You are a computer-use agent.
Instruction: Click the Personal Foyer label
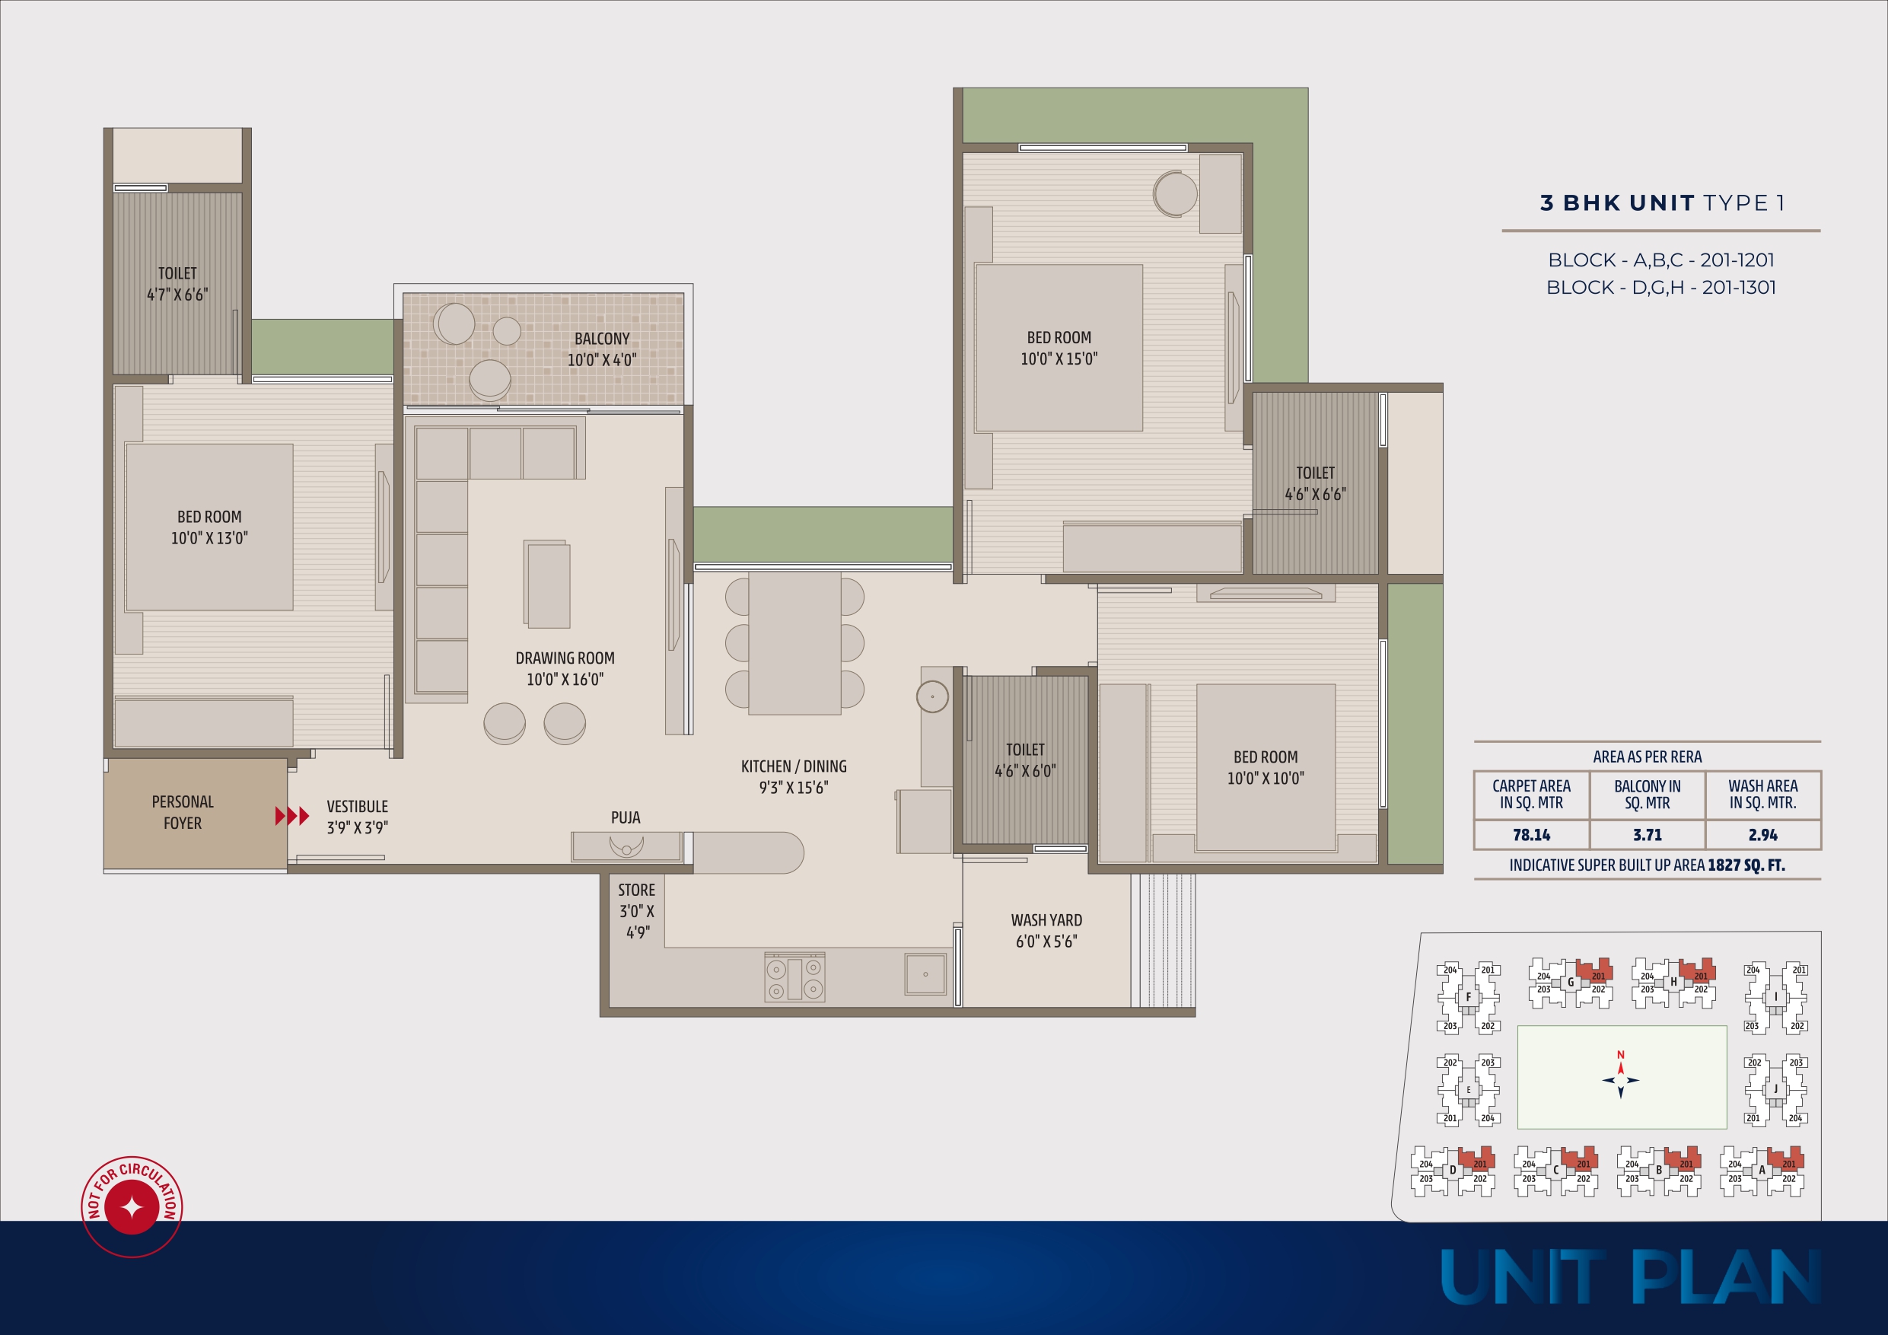(x=183, y=812)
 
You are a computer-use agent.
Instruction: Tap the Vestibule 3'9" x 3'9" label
(x=357, y=817)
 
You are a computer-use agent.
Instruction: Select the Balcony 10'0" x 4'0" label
(x=602, y=349)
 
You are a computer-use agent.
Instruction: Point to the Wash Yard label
(x=1046, y=930)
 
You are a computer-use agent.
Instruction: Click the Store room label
(x=636, y=910)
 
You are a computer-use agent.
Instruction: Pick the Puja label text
(x=625, y=817)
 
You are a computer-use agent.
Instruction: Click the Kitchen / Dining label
(x=794, y=776)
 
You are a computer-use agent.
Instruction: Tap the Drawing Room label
(x=565, y=668)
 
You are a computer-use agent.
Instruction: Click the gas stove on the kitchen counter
(x=794, y=977)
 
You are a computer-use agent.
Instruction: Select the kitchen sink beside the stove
(x=925, y=974)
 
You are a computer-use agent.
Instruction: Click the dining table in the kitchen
(x=794, y=642)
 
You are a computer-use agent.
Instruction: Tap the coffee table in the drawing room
(x=548, y=584)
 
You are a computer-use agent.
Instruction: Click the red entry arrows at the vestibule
(x=292, y=816)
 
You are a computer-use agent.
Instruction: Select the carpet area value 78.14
(x=1531, y=835)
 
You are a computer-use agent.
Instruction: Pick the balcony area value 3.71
(x=1647, y=835)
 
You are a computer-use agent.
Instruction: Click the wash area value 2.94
(x=1763, y=835)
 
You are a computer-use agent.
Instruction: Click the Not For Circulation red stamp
(x=132, y=1206)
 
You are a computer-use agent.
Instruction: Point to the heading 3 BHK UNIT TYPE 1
(x=1662, y=203)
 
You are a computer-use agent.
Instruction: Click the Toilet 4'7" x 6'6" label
(x=177, y=284)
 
